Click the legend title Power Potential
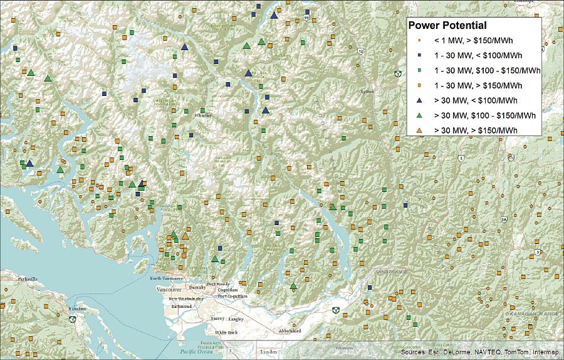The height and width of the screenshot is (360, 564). (x=447, y=26)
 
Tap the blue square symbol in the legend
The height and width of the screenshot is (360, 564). (x=419, y=55)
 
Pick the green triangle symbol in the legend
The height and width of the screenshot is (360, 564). (x=419, y=115)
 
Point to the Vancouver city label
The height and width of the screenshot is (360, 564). (x=168, y=290)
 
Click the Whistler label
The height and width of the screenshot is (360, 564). (x=204, y=115)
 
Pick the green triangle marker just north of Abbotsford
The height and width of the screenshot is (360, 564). (x=293, y=287)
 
